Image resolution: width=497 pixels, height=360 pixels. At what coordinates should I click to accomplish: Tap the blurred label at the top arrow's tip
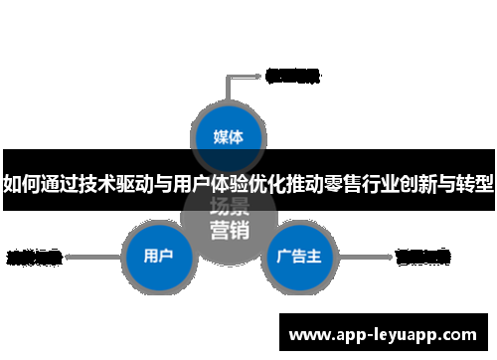[293, 75]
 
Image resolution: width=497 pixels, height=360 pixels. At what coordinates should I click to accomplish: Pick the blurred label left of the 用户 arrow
[34, 257]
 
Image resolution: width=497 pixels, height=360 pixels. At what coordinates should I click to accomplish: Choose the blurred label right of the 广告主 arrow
[423, 257]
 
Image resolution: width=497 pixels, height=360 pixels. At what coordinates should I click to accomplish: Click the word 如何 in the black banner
[23, 183]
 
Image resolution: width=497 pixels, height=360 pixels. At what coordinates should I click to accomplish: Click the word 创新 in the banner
[417, 183]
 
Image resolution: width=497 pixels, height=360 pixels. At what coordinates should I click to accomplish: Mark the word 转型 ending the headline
[476, 183]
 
